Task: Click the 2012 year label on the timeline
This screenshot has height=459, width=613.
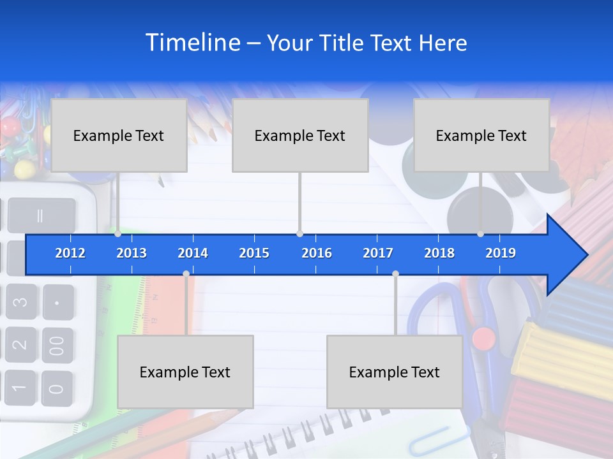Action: (70, 253)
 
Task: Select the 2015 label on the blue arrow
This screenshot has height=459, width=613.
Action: (254, 253)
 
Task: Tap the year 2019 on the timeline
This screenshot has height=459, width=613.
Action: (501, 253)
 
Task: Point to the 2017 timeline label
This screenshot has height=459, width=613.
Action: (378, 253)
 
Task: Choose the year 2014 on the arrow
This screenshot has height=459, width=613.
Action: (193, 253)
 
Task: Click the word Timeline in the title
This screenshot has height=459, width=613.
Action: (192, 43)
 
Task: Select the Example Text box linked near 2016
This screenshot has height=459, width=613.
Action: (300, 135)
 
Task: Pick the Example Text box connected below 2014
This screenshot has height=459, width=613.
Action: (185, 372)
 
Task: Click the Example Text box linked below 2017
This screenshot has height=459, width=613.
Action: (395, 372)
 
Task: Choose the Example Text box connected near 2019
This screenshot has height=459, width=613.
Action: (481, 135)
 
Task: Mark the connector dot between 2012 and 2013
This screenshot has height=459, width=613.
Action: (118, 233)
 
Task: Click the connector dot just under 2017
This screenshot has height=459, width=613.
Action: (395, 274)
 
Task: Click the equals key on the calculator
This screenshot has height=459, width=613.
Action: (41, 215)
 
